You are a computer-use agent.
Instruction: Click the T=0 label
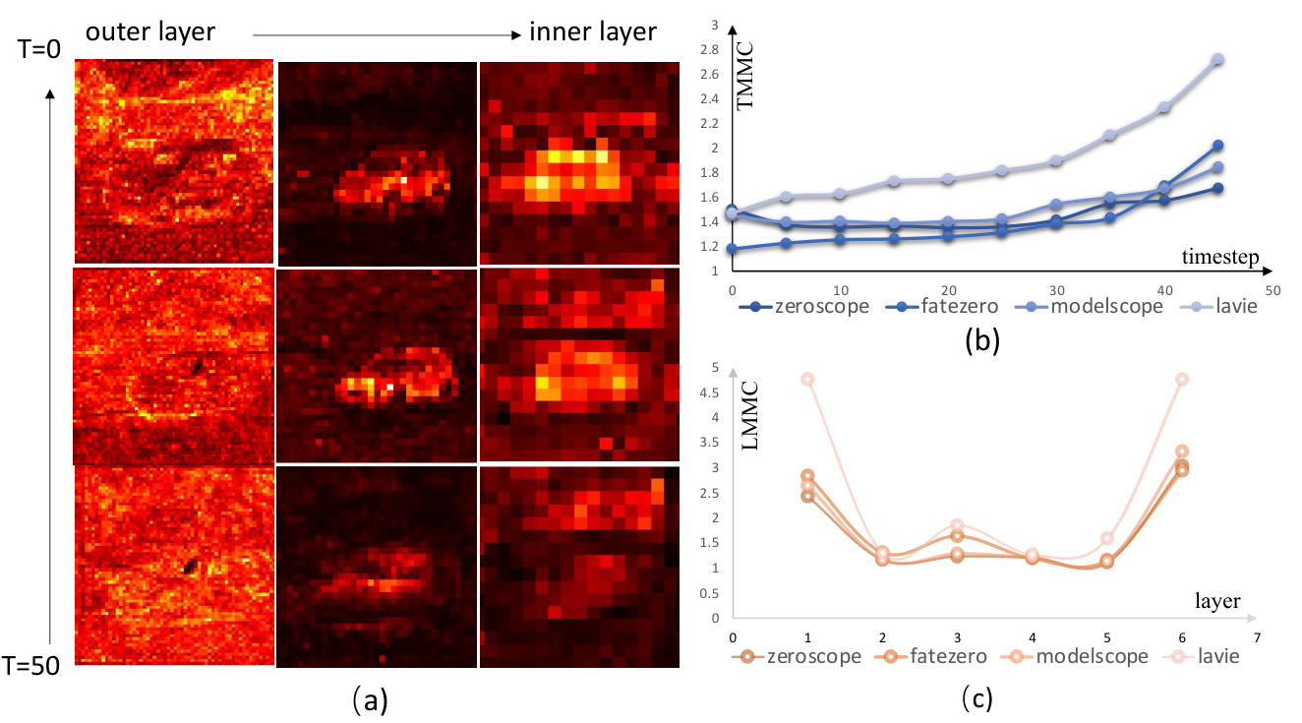(x=39, y=49)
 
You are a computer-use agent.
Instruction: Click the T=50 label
(x=30, y=666)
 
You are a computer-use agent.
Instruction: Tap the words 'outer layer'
(x=150, y=31)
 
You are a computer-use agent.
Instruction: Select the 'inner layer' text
(x=593, y=31)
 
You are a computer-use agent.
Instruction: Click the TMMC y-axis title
(x=744, y=75)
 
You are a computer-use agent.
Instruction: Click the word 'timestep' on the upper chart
(x=1220, y=257)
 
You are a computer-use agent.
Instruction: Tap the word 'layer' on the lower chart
(x=1217, y=601)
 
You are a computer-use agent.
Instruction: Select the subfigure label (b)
(x=982, y=340)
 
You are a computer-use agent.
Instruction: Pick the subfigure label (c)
(x=977, y=697)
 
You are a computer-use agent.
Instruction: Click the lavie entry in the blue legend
(x=1236, y=306)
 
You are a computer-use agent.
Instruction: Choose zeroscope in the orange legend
(x=814, y=657)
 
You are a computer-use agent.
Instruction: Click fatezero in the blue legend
(x=960, y=306)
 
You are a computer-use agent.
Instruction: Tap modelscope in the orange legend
(x=1093, y=657)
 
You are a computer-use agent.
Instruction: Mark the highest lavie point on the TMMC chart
(x=1218, y=60)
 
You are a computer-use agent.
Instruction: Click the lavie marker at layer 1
(x=807, y=380)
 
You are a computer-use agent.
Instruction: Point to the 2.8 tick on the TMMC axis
(x=710, y=50)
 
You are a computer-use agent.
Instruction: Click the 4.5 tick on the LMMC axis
(x=709, y=392)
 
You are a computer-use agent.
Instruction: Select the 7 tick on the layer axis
(x=1257, y=637)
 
